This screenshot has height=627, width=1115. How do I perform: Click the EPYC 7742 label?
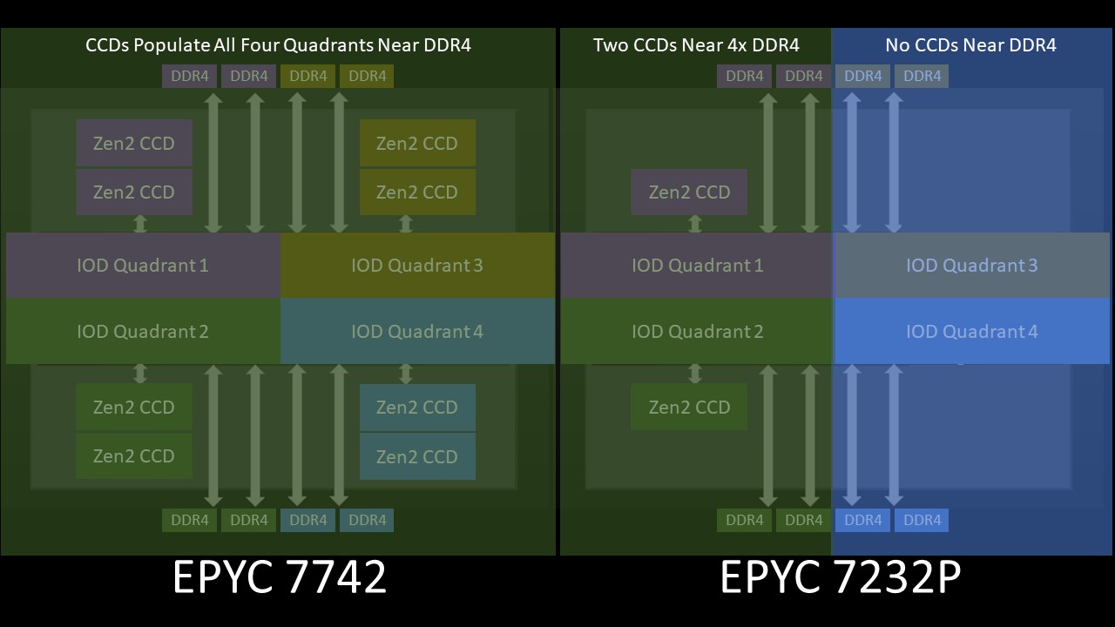280,577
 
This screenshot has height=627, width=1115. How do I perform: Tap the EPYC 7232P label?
840,577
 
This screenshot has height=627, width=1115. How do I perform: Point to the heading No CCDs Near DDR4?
970,45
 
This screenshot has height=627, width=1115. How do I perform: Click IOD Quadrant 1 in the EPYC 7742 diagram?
143,265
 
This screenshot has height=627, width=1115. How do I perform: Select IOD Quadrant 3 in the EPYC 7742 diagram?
417,265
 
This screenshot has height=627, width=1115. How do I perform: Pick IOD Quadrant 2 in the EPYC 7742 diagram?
143,332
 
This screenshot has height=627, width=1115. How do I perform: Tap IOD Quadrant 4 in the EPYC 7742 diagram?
417,332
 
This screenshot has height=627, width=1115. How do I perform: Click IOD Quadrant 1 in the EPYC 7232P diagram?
697,265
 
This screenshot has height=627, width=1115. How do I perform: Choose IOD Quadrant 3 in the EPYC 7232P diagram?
971,265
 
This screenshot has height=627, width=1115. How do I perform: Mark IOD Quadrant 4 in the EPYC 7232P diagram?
971,332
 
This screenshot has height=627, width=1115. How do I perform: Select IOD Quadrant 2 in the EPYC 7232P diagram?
697,332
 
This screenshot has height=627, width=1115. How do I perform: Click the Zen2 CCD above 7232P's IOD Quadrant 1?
689,192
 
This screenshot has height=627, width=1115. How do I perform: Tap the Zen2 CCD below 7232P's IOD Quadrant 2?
689,407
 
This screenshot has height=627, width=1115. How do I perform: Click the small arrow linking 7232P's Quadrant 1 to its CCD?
695,224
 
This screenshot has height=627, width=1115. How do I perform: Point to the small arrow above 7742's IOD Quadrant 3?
405,224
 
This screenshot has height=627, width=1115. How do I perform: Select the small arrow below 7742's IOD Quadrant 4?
405,374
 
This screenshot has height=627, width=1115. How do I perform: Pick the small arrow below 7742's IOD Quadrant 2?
139,374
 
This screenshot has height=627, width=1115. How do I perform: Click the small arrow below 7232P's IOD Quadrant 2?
695,374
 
